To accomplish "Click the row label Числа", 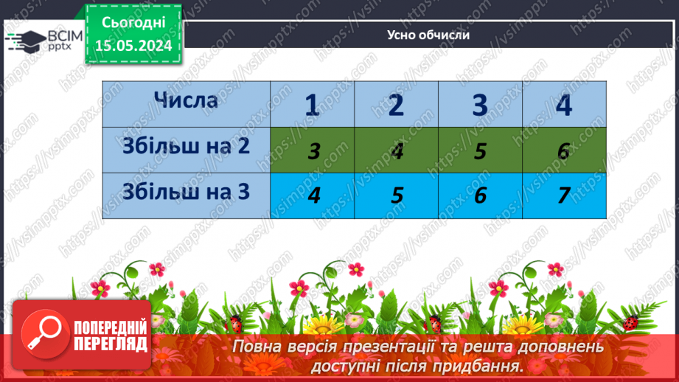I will click(x=186, y=100).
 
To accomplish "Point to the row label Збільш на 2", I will click(x=186, y=146).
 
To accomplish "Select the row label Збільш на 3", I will click(x=186, y=192).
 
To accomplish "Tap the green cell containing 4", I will click(x=397, y=150).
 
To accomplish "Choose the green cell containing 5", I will click(x=481, y=150).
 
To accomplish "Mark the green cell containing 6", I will click(x=564, y=150).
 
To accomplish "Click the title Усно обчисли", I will click(x=428, y=35).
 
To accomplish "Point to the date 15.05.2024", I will click(x=133, y=46).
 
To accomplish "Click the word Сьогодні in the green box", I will click(x=133, y=24).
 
